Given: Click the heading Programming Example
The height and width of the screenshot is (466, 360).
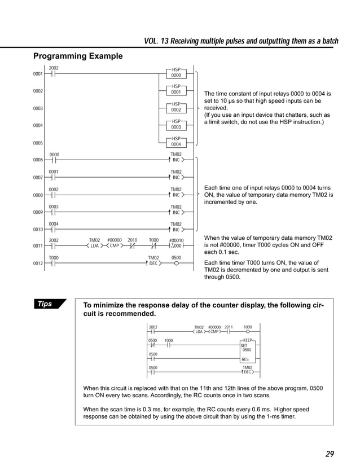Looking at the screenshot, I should click(x=77, y=56).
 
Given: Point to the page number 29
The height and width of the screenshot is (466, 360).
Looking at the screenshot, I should click(x=330, y=454).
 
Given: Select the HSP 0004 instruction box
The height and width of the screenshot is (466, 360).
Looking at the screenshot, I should click(x=176, y=142).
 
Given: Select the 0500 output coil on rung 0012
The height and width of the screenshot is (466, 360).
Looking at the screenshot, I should click(x=177, y=262).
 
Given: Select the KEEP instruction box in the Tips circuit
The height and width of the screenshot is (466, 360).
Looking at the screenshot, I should click(x=249, y=350).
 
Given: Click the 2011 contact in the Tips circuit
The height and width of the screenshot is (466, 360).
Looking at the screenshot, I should click(x=229, y=332).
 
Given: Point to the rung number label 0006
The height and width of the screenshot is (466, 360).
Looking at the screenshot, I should click(x=38, y=160).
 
